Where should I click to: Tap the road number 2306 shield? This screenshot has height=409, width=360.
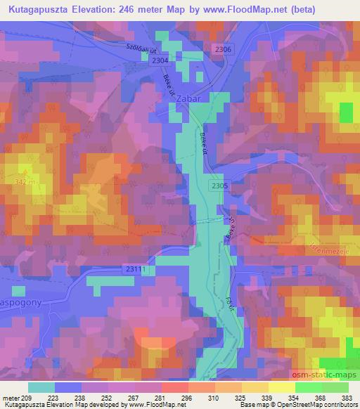click(223, 48)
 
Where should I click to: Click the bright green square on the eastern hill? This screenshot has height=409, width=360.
click(346, 112)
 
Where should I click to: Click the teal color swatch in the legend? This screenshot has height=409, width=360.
click(41, 387)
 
